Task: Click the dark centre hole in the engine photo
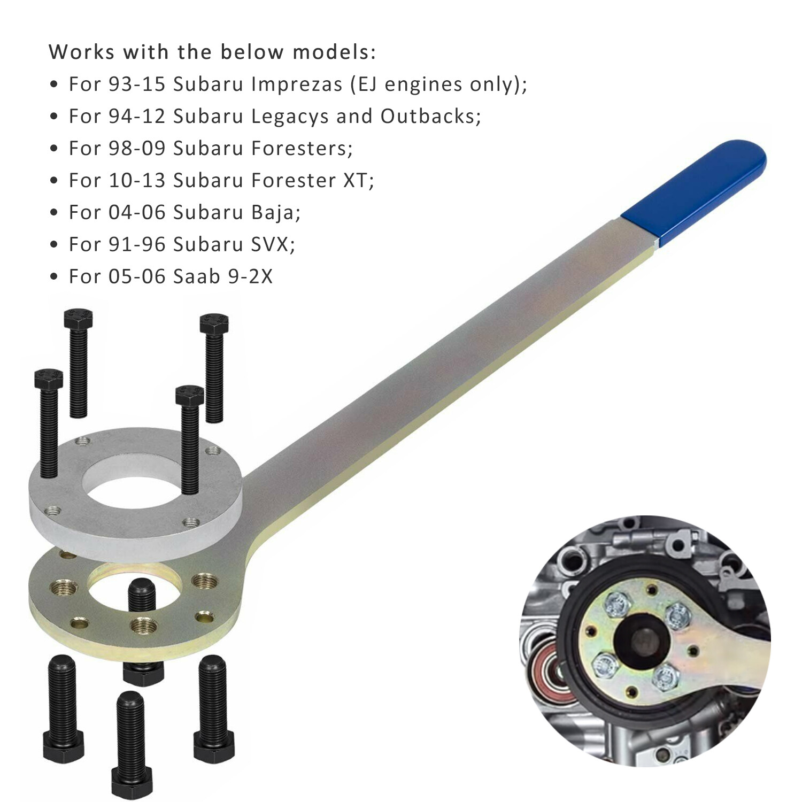point(639,639)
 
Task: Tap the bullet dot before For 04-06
point(53,213)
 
